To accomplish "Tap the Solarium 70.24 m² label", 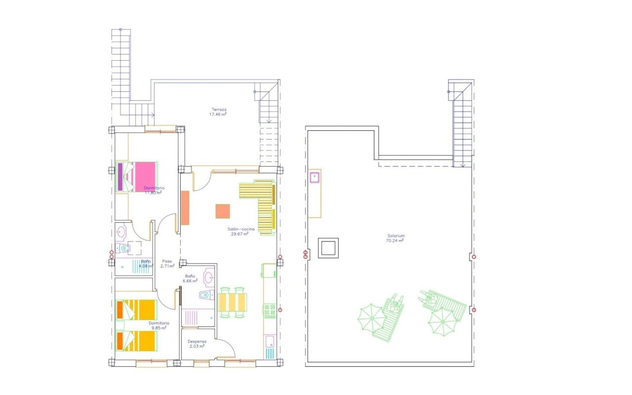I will (396, 238).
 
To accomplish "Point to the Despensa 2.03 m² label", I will (197, 344).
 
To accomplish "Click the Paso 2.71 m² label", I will (168, 264).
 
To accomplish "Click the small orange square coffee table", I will (223, 211).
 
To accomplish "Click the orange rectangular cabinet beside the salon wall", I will (185, 208).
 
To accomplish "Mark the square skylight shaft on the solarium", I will (328, 247).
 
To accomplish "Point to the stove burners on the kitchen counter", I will (270, 311).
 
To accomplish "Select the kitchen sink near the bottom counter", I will (270, 341).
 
